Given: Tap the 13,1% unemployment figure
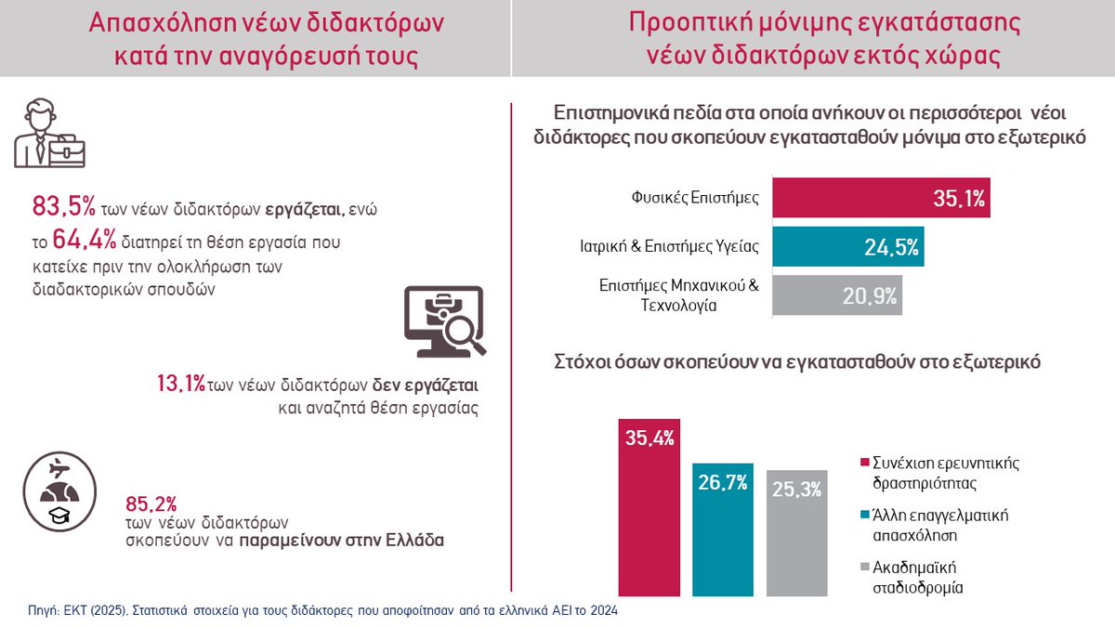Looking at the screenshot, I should pos(180,385).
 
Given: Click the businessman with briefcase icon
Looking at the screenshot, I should pos(51,136).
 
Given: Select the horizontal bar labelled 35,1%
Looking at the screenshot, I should pos(881,198).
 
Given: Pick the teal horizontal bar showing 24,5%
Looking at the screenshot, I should pos(847,247).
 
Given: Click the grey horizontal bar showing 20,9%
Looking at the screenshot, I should pos(836,296).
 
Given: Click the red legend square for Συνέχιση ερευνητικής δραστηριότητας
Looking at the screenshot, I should pos(866,462).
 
